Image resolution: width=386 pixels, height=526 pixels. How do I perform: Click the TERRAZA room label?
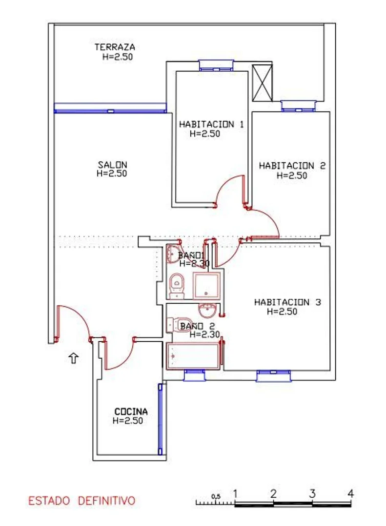point(115,47)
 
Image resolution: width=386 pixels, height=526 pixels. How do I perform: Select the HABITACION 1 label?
point(211,124)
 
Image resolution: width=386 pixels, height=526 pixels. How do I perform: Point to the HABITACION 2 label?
point(292,166)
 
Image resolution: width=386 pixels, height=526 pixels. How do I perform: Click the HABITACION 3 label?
point(287,302)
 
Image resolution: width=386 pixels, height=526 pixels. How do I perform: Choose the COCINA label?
point(131,411)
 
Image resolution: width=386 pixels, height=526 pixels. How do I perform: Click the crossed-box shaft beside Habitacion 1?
point(262,83)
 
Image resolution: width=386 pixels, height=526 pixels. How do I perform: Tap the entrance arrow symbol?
point(74,358)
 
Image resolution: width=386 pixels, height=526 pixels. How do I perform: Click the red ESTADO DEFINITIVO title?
point(81,501)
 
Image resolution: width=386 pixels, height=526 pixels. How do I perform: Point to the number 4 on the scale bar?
point(351,493)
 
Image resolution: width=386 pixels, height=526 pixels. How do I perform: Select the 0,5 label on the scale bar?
point(216,496)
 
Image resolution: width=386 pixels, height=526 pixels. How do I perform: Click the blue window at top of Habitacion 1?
point(216,65)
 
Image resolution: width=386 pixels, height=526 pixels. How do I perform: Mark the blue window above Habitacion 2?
point(298,106)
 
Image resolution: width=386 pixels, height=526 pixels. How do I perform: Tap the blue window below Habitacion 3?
point(273,376)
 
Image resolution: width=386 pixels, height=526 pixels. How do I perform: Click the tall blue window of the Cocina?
point(160,419)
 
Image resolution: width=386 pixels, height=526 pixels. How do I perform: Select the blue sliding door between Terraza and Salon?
point(110,108)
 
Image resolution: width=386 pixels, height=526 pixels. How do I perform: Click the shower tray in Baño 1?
point(206,286)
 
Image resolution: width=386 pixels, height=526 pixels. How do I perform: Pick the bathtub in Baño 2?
point(194,356)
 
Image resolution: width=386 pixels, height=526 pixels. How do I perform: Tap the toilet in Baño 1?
point(177,286)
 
